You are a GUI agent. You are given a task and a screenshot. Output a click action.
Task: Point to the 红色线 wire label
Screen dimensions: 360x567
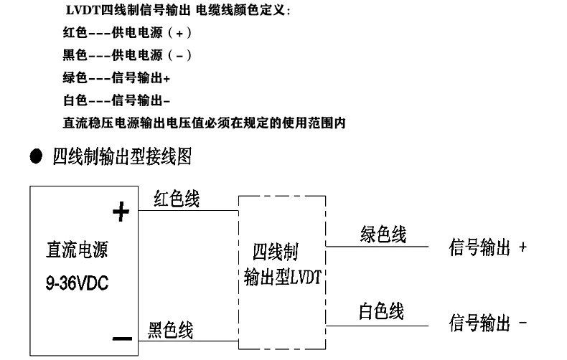click(x=177, y=200)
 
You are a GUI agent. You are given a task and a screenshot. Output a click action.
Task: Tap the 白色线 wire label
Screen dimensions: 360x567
click(x=381, y=311)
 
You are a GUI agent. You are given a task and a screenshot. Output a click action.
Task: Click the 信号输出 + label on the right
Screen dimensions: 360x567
click(x=488, y=248)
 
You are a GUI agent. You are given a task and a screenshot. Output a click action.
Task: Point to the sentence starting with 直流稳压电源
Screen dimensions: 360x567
click(x=205, y=123)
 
